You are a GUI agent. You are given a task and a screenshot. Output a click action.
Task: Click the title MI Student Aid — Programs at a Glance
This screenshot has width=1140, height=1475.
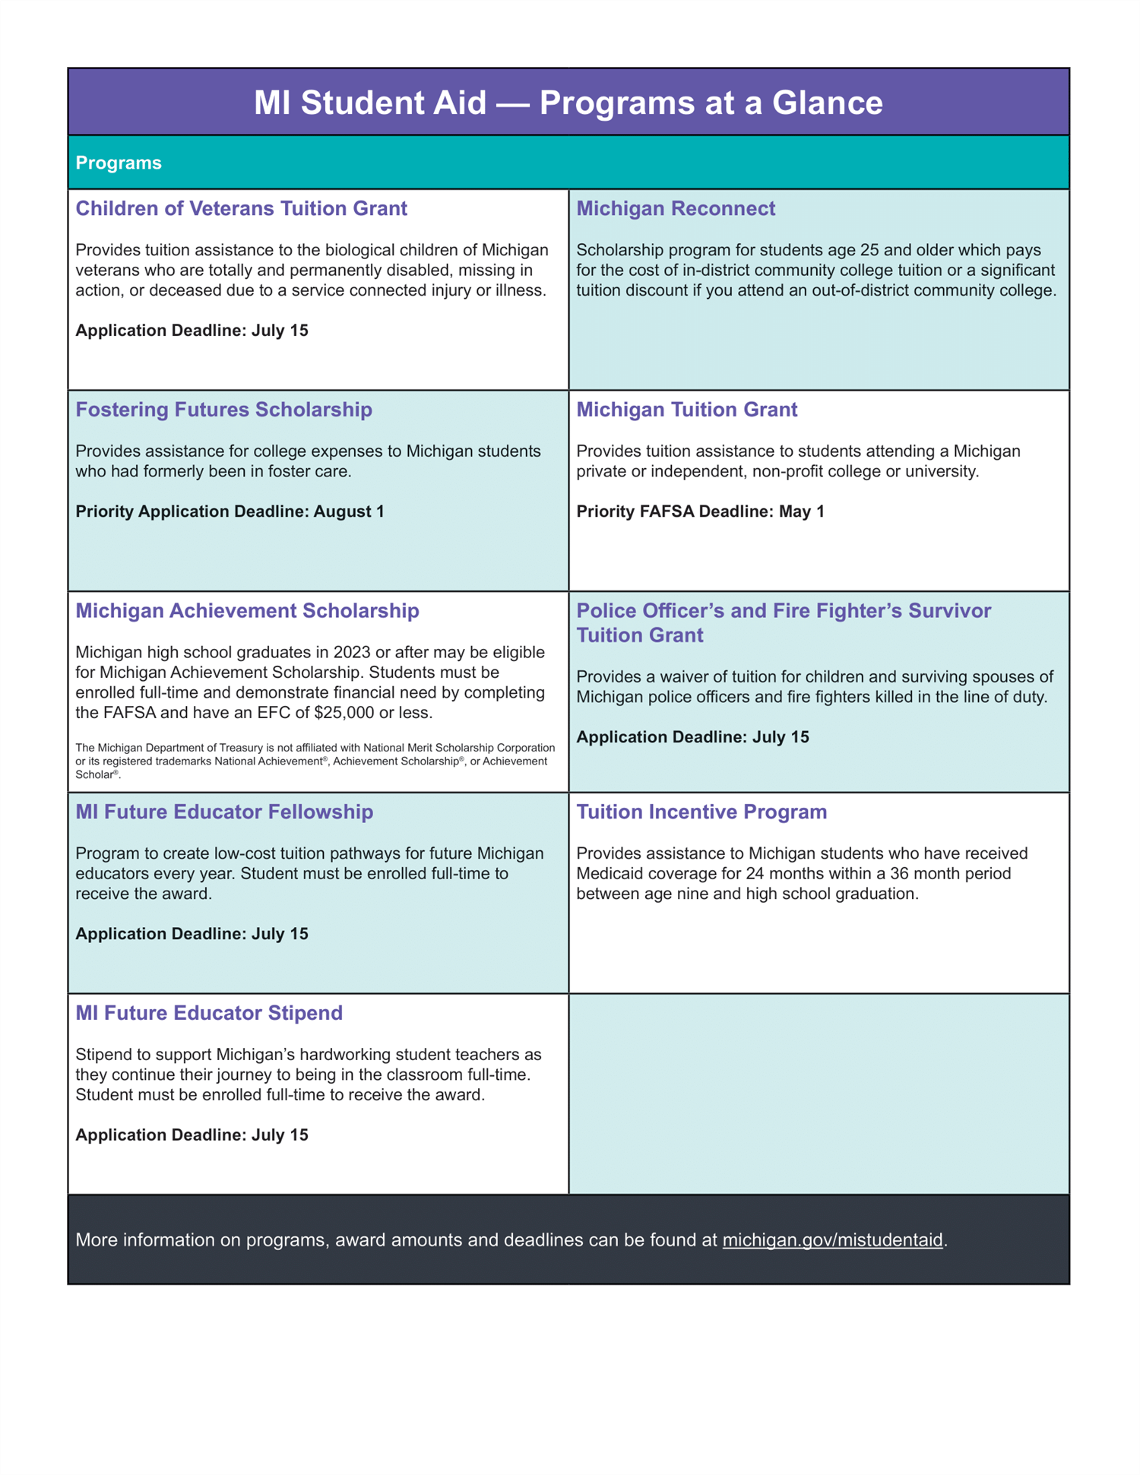568,103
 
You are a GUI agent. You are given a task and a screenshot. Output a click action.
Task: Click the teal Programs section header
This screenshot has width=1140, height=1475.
119,163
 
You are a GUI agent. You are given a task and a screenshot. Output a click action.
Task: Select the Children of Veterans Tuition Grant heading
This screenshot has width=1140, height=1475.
241,208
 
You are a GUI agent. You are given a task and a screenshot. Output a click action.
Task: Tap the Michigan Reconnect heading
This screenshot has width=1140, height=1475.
676,208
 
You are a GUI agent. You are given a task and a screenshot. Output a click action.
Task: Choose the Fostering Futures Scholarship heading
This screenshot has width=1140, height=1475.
223,410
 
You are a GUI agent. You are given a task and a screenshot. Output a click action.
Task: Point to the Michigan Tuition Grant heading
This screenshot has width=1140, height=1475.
686,410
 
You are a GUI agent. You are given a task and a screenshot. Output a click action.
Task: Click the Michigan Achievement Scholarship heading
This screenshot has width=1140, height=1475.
247,611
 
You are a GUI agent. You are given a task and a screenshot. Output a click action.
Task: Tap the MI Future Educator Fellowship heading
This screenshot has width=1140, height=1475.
224,812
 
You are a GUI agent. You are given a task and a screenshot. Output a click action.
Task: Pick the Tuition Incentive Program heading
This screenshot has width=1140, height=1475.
701,812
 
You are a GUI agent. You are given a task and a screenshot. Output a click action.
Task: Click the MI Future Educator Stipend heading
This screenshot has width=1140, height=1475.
209,1013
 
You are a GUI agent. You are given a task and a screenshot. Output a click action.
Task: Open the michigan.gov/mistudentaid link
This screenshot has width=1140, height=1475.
832,1240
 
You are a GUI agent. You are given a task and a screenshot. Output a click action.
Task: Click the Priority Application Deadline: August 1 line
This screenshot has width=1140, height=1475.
230,511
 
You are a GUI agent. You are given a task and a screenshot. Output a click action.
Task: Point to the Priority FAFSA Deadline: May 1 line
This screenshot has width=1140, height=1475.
700,511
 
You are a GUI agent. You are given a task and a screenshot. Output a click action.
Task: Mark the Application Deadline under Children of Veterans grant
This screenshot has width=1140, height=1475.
192,331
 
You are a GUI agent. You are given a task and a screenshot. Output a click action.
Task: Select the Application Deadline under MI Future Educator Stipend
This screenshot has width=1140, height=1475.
192,1135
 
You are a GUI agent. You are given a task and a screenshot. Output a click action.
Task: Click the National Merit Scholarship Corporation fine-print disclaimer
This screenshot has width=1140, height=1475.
315,761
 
